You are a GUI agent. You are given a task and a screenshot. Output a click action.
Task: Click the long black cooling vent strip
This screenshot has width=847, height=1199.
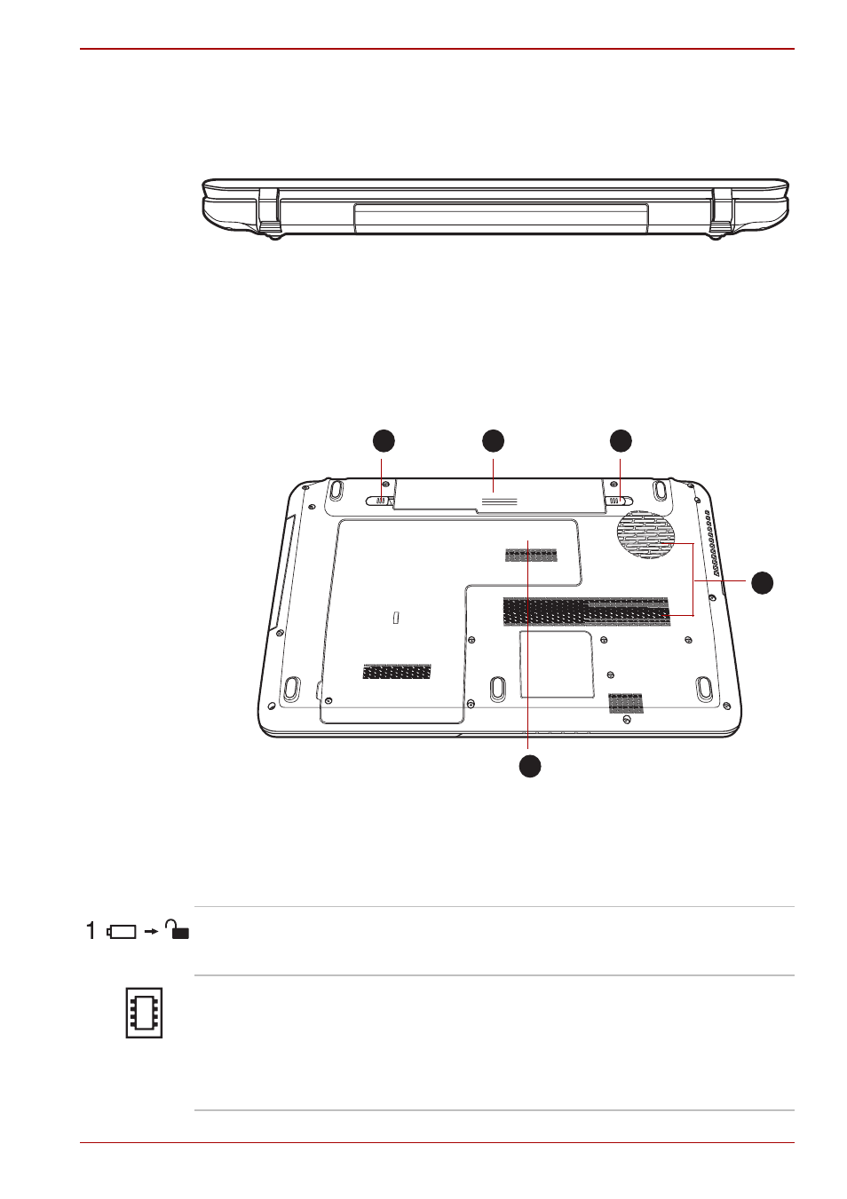[x=586, y=611]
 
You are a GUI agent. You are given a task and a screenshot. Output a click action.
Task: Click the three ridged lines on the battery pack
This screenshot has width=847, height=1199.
[x=499, y=501]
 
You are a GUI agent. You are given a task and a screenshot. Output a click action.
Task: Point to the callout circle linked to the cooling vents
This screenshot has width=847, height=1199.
[x=762, y=583]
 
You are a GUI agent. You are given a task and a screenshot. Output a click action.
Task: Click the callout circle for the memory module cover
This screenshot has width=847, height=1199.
[x=529, y=766]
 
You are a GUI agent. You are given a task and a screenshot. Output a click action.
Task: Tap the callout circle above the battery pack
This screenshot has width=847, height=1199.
[x=493, y=441]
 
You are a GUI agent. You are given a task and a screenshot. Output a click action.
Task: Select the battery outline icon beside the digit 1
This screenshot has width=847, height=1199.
[x=122, y=932]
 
